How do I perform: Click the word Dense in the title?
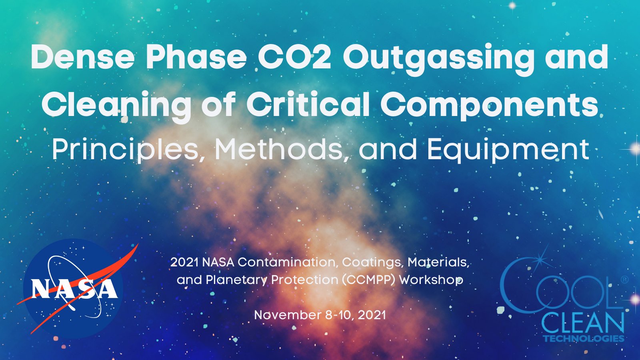[82, 57]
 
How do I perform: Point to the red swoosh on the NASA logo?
[120, 260]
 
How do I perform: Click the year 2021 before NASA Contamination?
[184, 262]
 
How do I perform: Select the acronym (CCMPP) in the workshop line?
[368, 280]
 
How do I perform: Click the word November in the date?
[288, 315]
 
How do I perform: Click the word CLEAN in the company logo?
[582, 323]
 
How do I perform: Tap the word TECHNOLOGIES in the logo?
[583, 338]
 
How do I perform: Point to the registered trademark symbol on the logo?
[624, 280]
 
